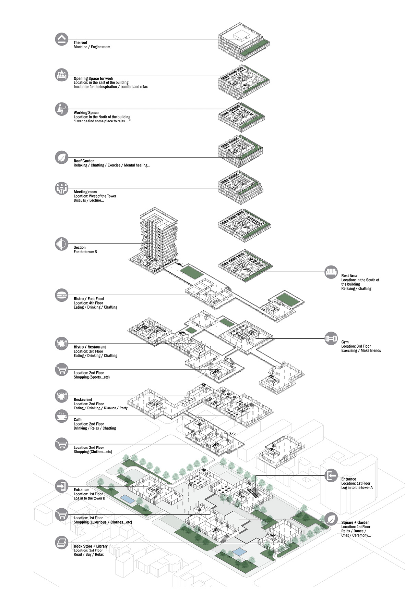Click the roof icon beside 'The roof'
pyautogui.click(x=62, y=39)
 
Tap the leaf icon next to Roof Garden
pyautogui.click(x=62, y=158)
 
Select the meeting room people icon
pyautogui.click(x=62, y=188)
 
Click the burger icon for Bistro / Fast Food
pyautogui.click(x=62, y=295)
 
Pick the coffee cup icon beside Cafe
pyautogui.click(x=62, y=416)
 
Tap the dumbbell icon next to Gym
pyautogui.click(x=331, y=339)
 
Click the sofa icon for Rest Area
pyautogui.click(x=331, y=272)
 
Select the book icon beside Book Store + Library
pyautogui.click(x=62, y=543)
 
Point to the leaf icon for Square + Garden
pyautogui.click(x=331, y=519)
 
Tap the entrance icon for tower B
pyautogui.click(x=62, y=486)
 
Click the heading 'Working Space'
pyautogui.click(x=86, y=113)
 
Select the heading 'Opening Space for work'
pyautogui.click(x=93, y=78)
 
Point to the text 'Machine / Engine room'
pyautogui.click(x=92, y=47)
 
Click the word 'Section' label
pyautogui.click(x=80, y=247)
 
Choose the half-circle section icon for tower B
pyautogui.click(x=62, y=244)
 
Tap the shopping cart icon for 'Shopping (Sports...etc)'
pyautogui.click(x=62, y=370)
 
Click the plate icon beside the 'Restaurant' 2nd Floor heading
pyautogui.click(x=62, y=396)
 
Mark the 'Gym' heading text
pyautogui.click(x=345, y=342)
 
